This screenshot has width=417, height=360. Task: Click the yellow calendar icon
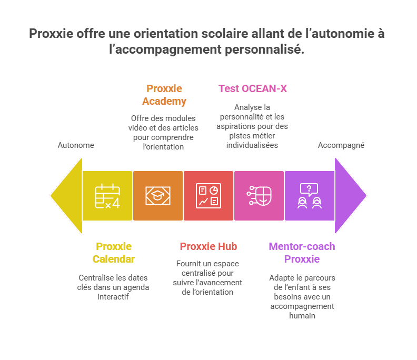[107, 196]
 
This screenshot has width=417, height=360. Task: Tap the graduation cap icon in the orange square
[158, 196]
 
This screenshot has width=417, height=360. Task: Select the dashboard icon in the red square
[208, 196]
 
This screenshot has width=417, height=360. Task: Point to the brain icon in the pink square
[259, 196]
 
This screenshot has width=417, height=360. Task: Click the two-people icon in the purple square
[310, 196]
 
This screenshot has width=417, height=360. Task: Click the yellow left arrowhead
[66, 196]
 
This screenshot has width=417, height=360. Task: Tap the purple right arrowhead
[351, 196]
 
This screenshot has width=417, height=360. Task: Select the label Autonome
[76, 145]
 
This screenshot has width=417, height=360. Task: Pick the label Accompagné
[341, 145]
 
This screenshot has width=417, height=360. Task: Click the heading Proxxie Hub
[208, 246]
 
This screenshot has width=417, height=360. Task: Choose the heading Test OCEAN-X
[253, 88]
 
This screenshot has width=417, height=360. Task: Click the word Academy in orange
[164, 101]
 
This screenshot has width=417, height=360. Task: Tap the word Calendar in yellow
[114, 259]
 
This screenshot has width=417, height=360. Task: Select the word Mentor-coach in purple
[302, 246]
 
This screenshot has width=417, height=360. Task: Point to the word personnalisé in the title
[265, 49]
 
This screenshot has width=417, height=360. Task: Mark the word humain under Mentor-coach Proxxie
[302, 316]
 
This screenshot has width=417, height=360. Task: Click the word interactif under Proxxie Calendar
[113, 297]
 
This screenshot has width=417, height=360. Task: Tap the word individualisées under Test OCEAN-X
[252, 145]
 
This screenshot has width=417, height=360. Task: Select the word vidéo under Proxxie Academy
[138, 128]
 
